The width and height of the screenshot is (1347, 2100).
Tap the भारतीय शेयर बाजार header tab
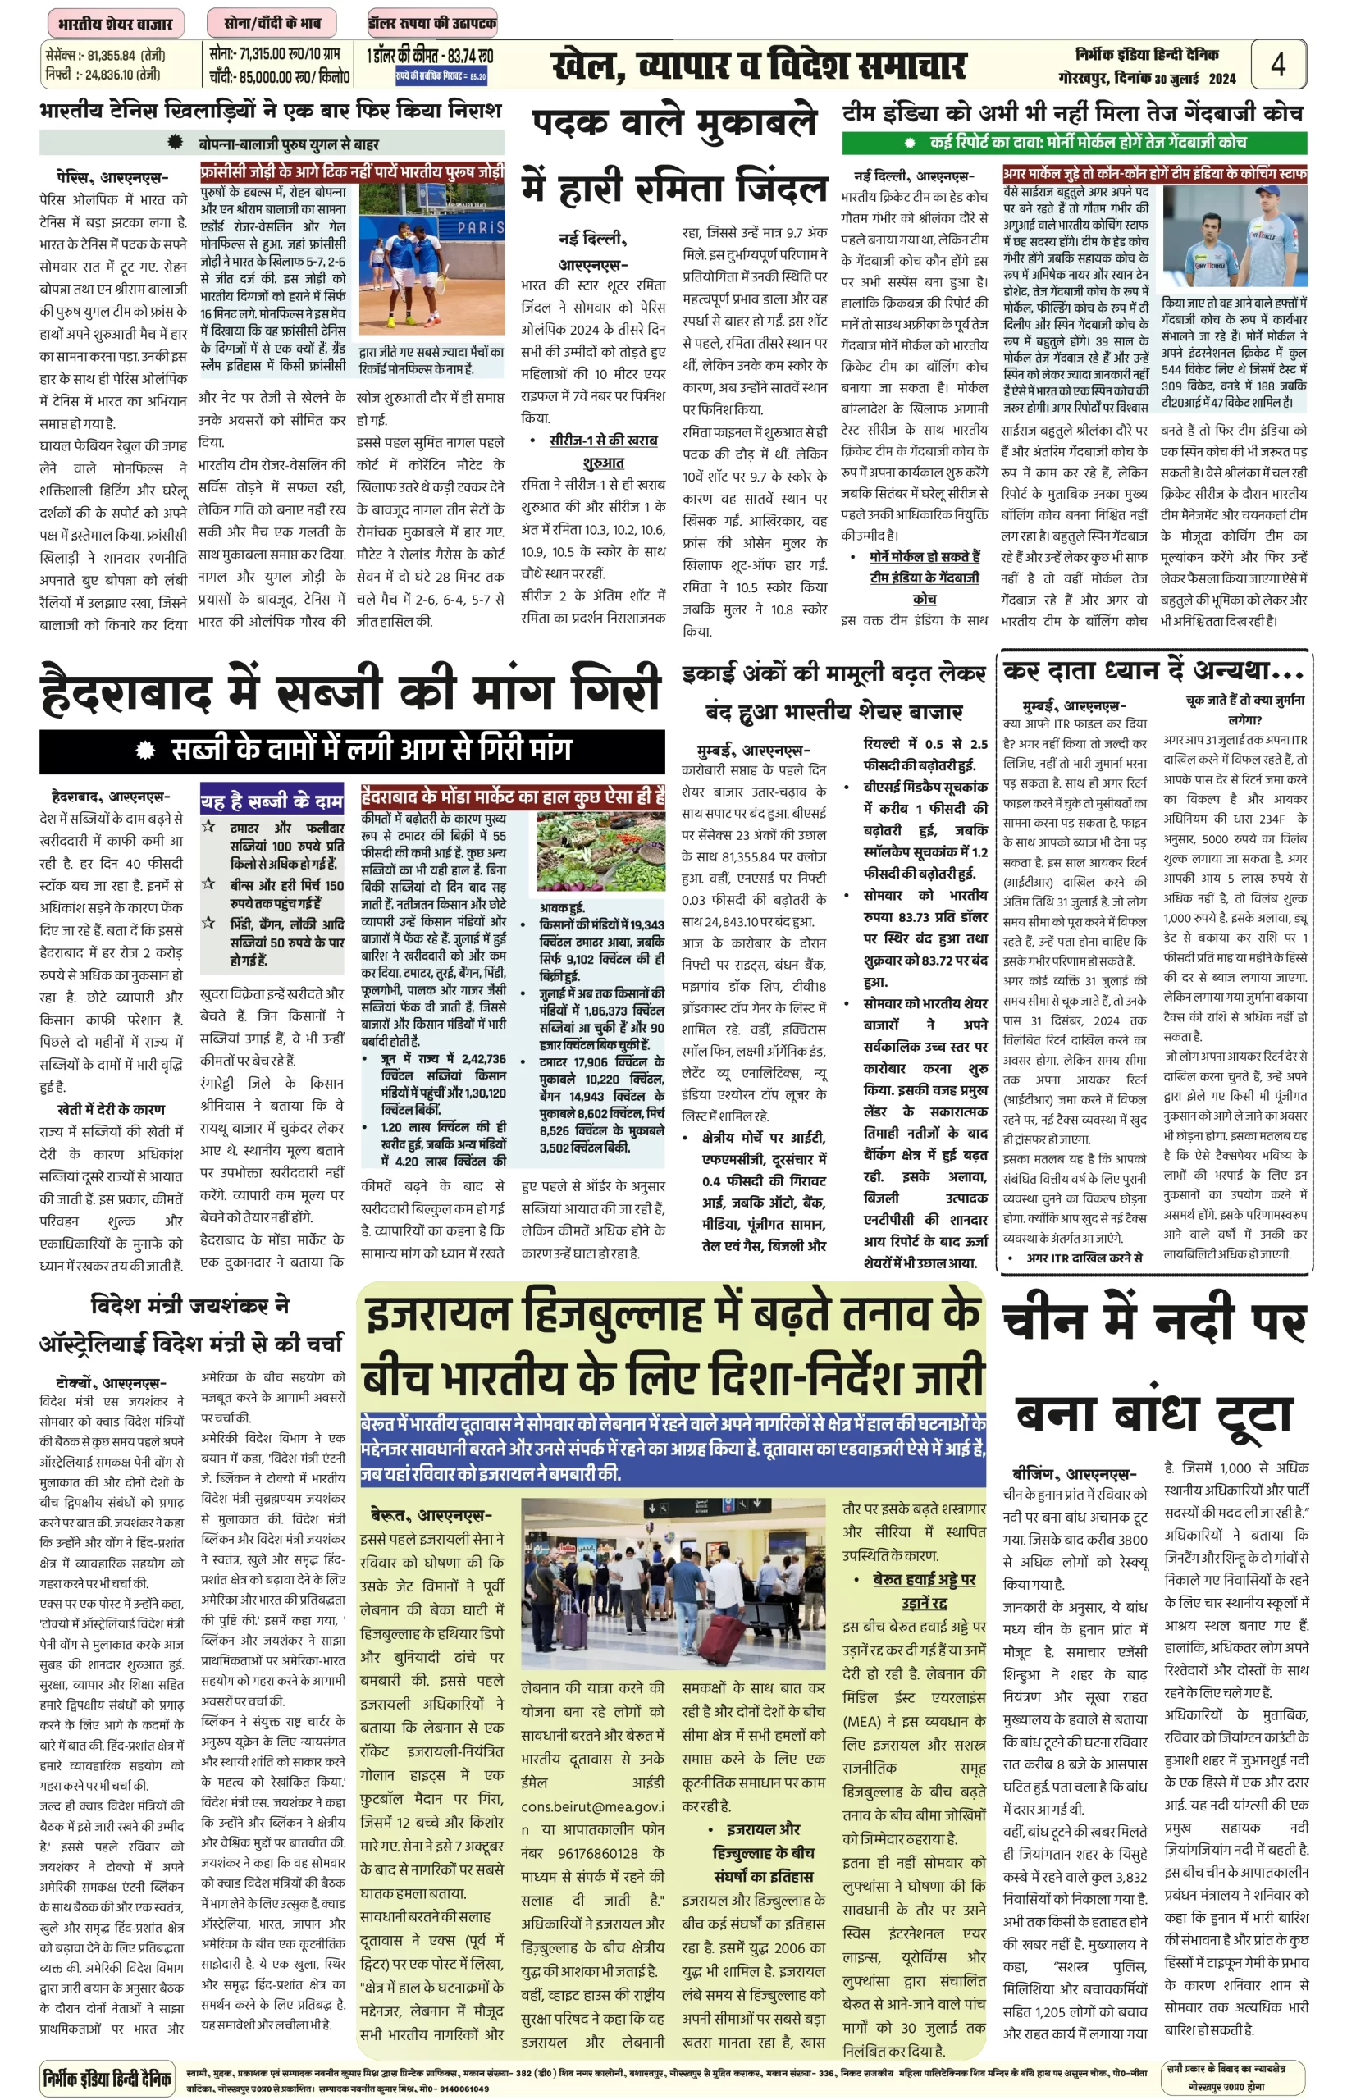(x=116, y=24)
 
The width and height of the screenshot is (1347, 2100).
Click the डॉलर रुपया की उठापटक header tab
(x=433, y=24)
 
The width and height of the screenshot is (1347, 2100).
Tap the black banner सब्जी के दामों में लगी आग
(x=352, y=750)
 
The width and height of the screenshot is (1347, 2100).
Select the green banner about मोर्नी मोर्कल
(x=1074, y=143)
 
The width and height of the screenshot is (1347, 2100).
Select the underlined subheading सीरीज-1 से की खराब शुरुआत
(x=603, y=451)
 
